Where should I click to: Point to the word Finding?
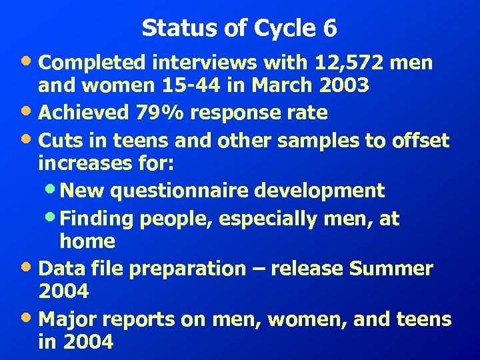pyautogui.click(x=93, y=219)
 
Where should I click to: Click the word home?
pyautogui.click(x=87, y=241)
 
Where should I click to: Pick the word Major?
pyautogui.click(x=67, y=319)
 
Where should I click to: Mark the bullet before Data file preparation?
pyautogui.click(x=30, y=268)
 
